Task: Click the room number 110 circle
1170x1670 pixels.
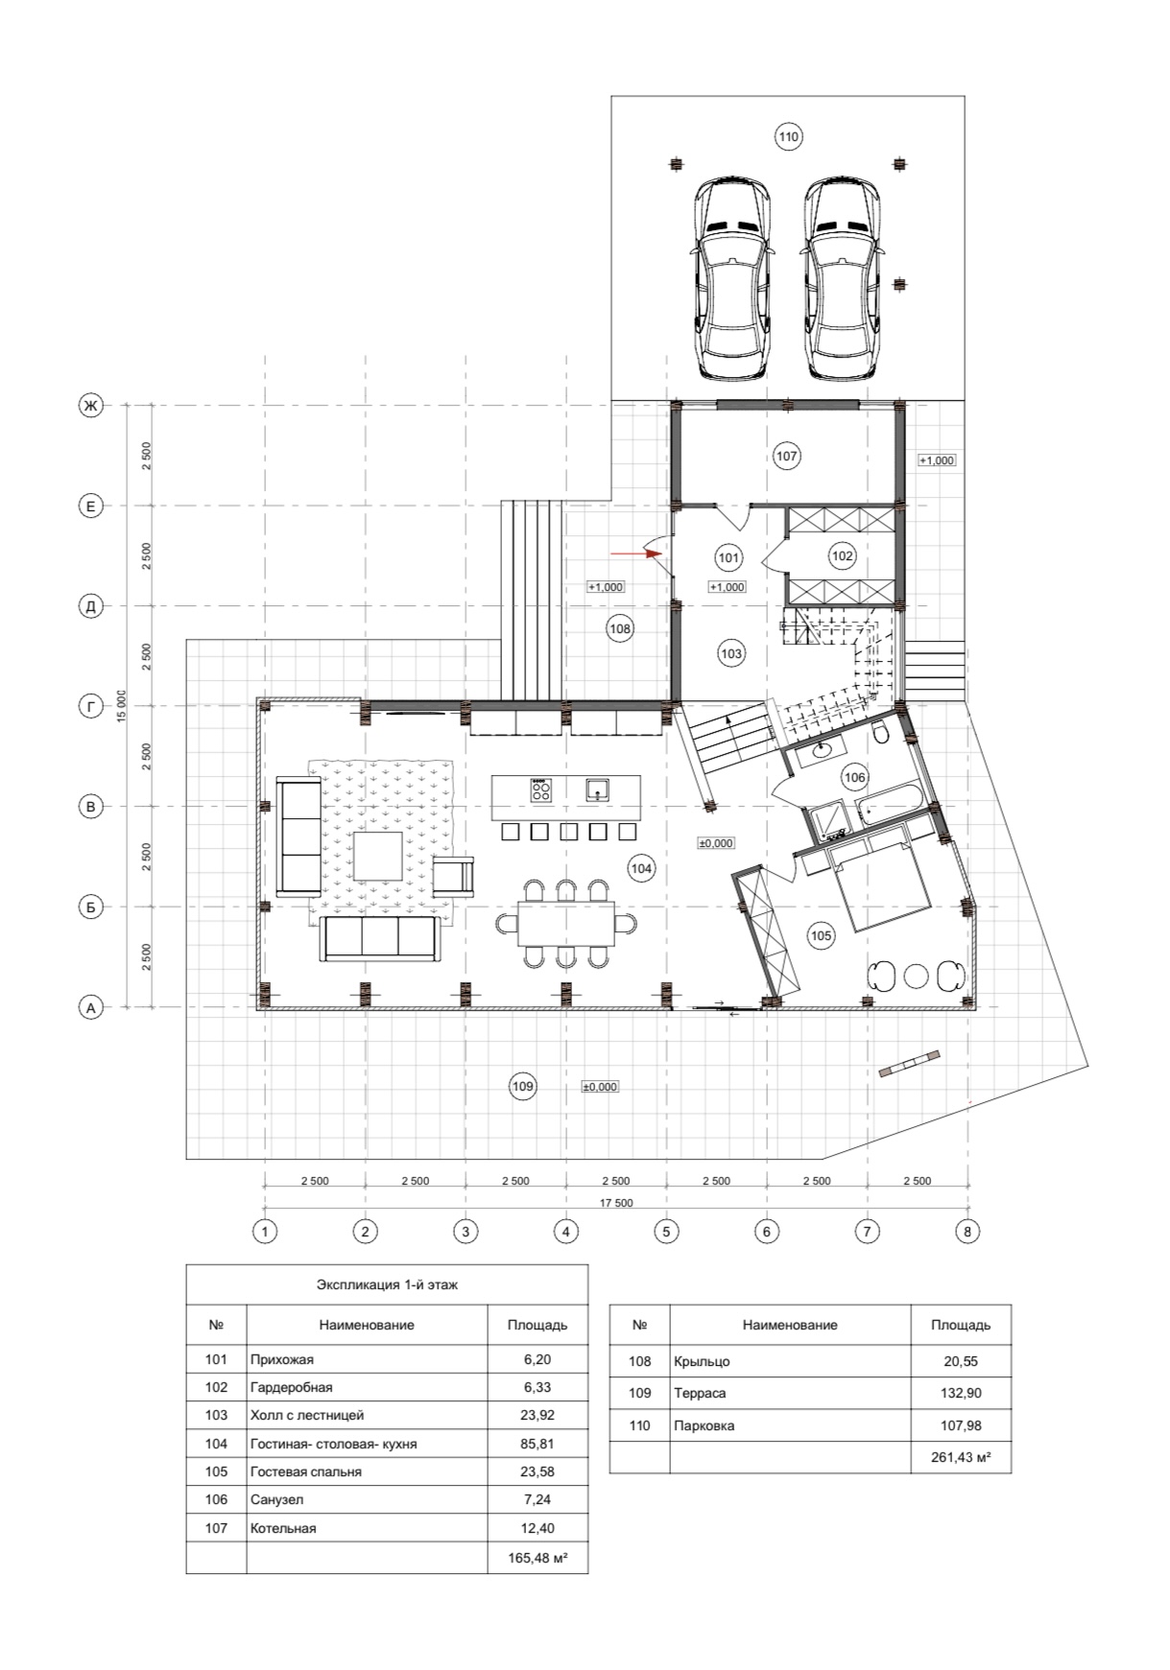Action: [x=788, y=137]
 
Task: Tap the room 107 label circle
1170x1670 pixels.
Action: [x=787, y=457]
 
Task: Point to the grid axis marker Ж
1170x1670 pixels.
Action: [x=90, y=406]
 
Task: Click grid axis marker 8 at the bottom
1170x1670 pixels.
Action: [x=967, y=1231]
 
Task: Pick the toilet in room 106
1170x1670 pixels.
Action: [x=882, y=733]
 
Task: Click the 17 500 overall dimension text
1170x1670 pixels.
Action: [x=615, y=1203]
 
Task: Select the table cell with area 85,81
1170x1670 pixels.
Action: [x=537, y=1444]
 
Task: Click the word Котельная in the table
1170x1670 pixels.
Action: [x=283, y=1528]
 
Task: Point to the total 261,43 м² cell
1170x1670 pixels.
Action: [x=961, y=1457]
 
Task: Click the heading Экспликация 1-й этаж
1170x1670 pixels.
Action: [x=387, y=1284]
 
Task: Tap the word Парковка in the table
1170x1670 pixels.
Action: [x=704, y=1425]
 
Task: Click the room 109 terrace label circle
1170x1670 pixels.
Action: [x=522, y=1086]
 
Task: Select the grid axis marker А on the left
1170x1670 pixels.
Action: [x=90, y=1007]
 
